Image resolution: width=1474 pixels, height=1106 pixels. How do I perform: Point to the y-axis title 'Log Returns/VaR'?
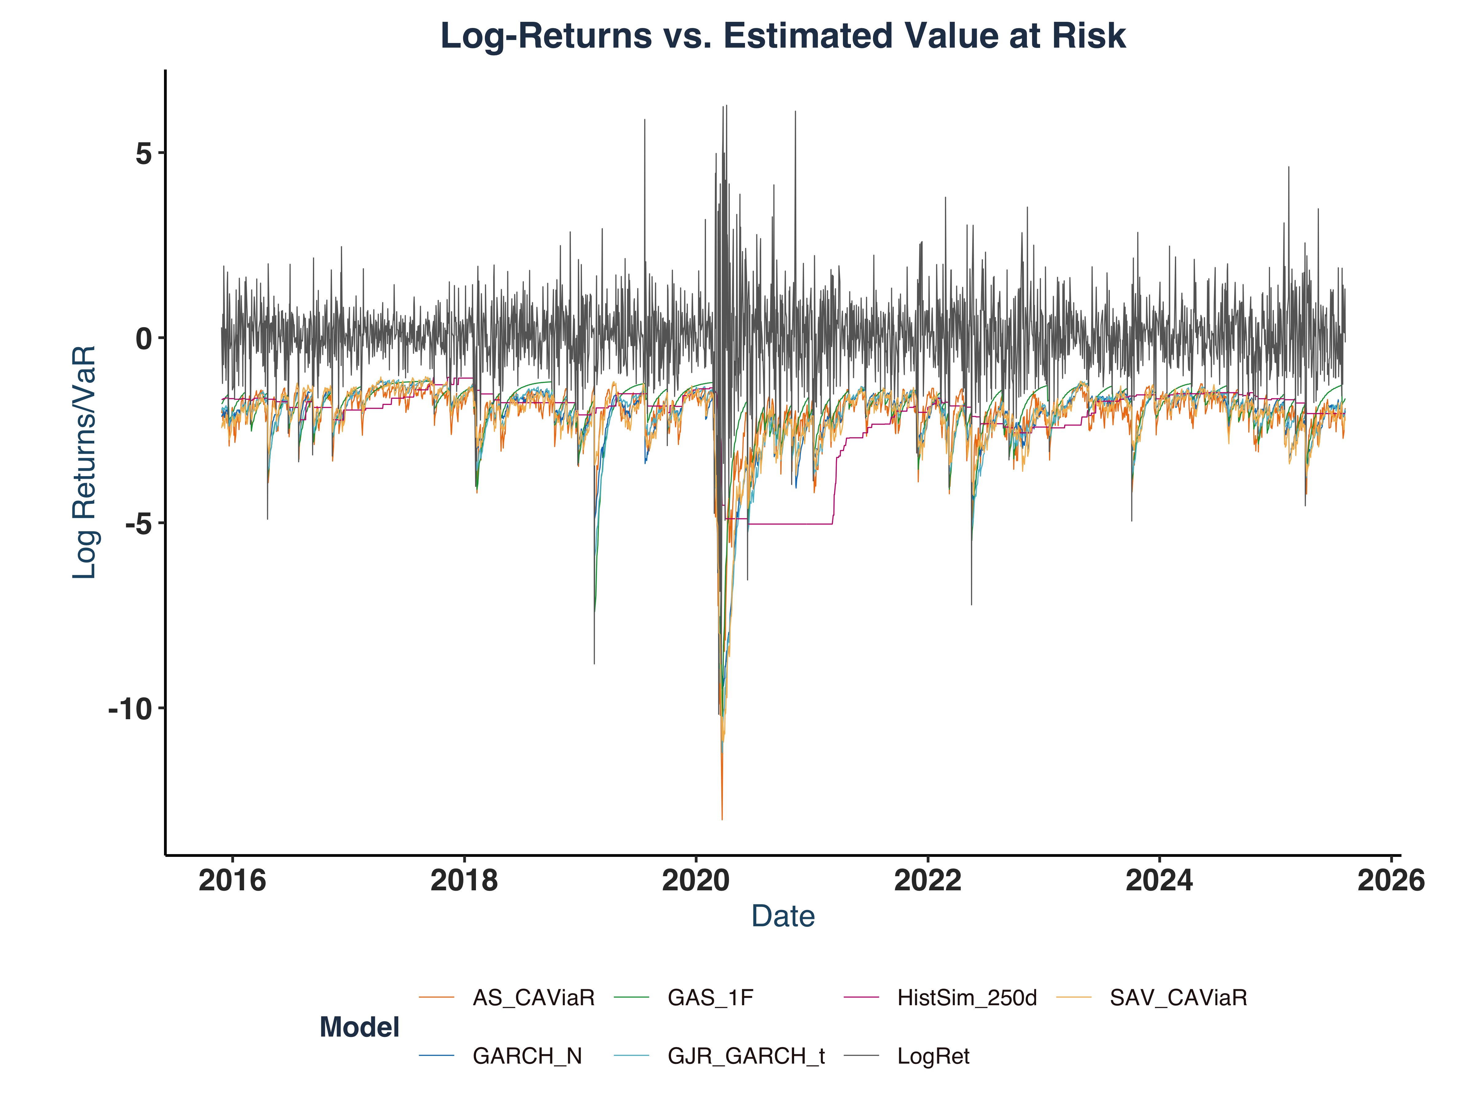85,462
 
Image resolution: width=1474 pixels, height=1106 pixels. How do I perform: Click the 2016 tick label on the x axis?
232,881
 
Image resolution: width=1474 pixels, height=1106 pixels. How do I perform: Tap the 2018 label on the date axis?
464,881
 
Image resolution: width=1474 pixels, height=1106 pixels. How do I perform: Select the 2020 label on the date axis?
696,881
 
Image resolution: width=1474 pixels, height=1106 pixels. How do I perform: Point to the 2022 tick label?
928,881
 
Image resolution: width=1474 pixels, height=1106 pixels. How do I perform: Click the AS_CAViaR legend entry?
533,998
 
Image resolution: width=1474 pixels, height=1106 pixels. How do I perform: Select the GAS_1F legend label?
710,998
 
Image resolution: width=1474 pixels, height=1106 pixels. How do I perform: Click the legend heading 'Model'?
359,1027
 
